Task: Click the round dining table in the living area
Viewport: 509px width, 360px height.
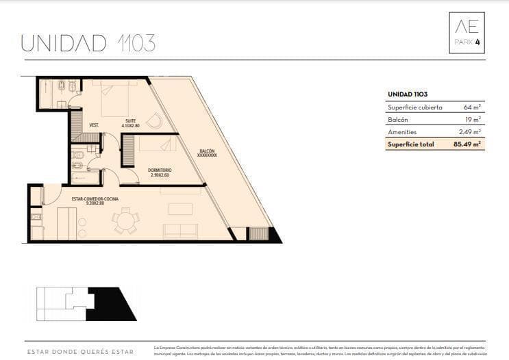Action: point(125,220)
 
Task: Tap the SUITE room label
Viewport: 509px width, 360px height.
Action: point(130,120)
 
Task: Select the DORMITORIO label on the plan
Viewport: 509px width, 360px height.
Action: point(160,170)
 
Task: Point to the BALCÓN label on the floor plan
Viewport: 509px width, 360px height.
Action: point(207,150)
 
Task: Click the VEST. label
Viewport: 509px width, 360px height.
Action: point(95,125)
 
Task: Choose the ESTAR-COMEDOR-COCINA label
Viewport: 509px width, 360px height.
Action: point(95,198)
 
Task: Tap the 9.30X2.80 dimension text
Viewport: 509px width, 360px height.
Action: point(95,203)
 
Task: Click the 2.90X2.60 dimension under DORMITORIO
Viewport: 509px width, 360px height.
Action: point(160,175)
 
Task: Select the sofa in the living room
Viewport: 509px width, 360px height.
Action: point(179,231)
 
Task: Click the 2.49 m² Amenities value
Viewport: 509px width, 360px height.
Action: point(469,132)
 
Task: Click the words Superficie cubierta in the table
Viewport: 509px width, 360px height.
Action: point(414,107)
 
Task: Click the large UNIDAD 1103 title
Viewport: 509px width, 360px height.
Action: point(88,42)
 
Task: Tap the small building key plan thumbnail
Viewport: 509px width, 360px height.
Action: point(86,304)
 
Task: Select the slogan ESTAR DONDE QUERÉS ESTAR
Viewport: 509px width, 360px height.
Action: point(80,352)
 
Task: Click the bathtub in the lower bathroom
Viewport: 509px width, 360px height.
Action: point(86,178)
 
